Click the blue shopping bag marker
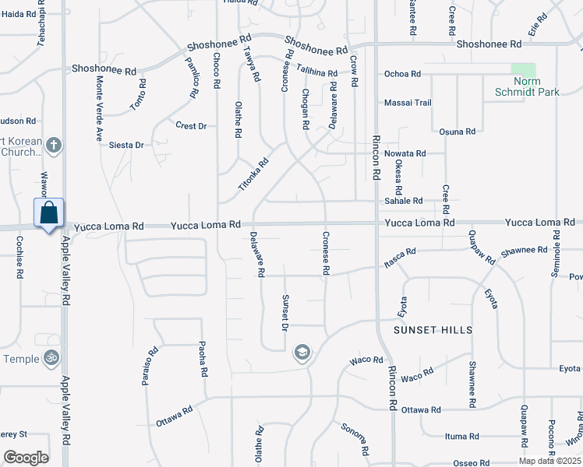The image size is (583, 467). tap(48, 213)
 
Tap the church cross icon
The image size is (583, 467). tap(54, 145)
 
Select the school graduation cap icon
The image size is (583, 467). tap(301, 353)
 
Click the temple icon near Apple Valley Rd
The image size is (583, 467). tap(51, 358)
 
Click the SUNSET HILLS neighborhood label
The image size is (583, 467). tap(433, 330)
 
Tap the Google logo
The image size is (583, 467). tap(26, 458)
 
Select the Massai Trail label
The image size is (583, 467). tap(408, 103)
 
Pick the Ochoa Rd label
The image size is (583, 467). tap(402, 74)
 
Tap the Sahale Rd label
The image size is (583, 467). tap(404, 201)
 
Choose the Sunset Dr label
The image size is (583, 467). tap(286, 313)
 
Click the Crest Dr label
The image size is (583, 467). tap(191, 125)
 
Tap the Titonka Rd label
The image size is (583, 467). tap(253, 176)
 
